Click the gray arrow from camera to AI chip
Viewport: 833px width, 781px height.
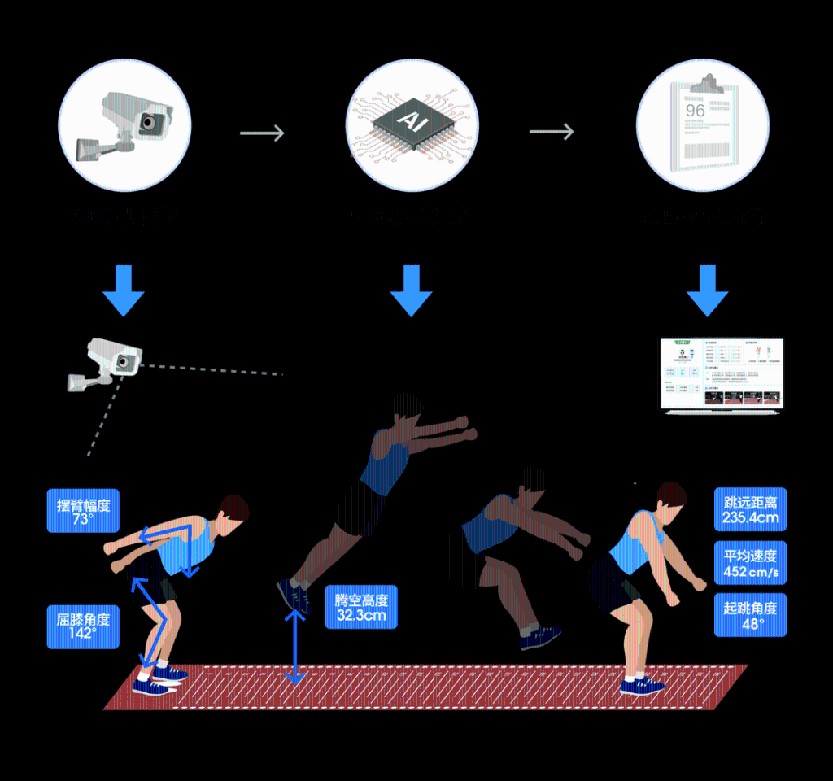tap(262, 133)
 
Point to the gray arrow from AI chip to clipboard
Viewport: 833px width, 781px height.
tap(552, 131)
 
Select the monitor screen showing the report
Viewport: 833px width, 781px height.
tap(721, 373)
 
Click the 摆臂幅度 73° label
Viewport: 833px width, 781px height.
tap(83, 511)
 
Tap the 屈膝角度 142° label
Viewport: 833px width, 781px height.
tap(83, 625)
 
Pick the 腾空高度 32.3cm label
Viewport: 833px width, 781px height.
tap(362, 607)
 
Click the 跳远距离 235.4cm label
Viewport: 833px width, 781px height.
tap(750, 509)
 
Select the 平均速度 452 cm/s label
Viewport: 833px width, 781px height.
tap(750, 563)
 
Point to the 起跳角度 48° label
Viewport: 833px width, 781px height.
tap(750, 615)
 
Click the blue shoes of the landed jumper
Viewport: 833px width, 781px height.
tap(642, 686)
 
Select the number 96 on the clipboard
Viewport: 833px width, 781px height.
tap(696, 111)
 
